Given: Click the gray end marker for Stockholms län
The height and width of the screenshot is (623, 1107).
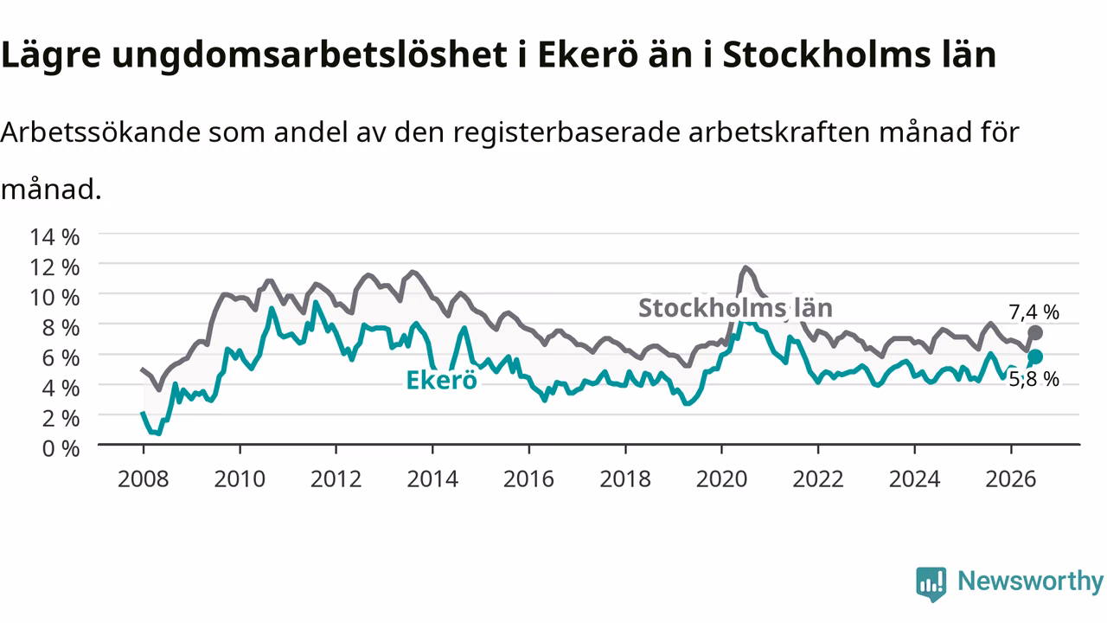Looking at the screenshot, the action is point(1035,333).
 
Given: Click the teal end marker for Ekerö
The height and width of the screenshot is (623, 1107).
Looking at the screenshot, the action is point(1035,356).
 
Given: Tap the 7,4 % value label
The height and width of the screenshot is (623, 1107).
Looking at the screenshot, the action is point(1033,312).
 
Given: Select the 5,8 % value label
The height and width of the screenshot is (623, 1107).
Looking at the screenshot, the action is point(1033,379).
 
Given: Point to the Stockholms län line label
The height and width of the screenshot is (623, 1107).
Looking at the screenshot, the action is point(735,307).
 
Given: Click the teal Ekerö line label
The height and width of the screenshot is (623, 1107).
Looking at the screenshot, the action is point(441,380).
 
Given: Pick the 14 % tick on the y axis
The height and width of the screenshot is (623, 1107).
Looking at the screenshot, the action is point(54,237).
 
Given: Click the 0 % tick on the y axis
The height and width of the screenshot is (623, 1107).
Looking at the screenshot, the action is point(61,448).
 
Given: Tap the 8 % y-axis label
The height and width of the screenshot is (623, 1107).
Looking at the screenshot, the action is point(61,328).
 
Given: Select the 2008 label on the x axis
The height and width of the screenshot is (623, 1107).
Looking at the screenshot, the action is point(144,478).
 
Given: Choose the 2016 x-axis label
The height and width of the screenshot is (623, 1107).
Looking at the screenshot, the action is point(528,478).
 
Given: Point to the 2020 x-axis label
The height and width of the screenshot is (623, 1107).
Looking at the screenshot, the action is point(721,478).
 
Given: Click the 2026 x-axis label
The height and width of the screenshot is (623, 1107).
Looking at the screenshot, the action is point(1011,478).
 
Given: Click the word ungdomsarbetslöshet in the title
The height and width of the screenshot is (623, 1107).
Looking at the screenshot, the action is point(310,55).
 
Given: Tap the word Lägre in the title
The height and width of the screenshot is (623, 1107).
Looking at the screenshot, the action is point(51,55).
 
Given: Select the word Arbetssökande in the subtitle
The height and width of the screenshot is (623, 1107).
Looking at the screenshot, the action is point(101,132).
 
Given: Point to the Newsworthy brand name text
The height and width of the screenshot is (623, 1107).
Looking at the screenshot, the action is point(1030,581).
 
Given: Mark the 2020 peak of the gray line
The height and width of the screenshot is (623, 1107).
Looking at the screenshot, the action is point(745,268).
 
